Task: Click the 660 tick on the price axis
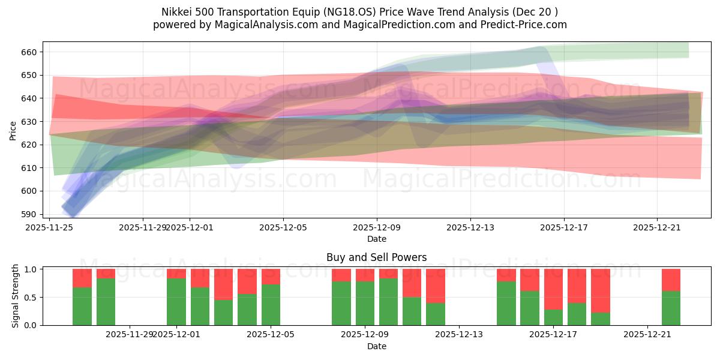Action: click(29, 52)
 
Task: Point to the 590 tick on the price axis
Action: click(29, 214)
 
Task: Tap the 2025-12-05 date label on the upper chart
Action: click(283, 227)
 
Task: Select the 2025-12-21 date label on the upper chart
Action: click(657, 227)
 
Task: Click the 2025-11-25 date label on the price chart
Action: click(49, 227)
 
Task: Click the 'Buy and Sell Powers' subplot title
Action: click(376, 257)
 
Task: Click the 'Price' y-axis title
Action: click(13, 130)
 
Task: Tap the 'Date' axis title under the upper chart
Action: click(376, 239)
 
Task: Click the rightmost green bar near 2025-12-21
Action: click(671, 308)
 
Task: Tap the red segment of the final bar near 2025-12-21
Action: click(671, 280)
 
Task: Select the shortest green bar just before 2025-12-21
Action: click(600, 319)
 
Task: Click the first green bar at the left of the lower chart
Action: click(82, 306)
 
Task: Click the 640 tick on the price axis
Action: click(29, 98)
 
